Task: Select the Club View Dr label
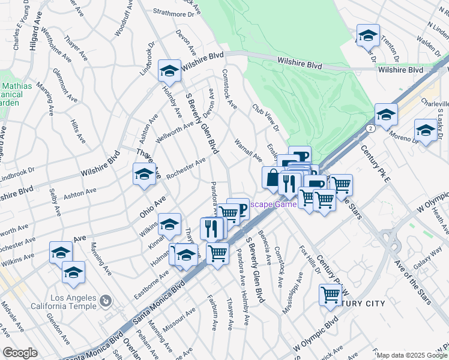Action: [x=266, y=117]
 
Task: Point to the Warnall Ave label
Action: [x=248, y=150]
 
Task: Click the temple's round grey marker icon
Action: [x=104, y=299]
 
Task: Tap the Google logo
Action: [x=20, y=353]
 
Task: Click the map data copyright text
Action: [x=411, y=355]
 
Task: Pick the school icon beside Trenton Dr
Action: [x=367, y=35]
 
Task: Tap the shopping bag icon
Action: [x=273, y=178]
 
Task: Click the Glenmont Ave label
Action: [x=64, y=85]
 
